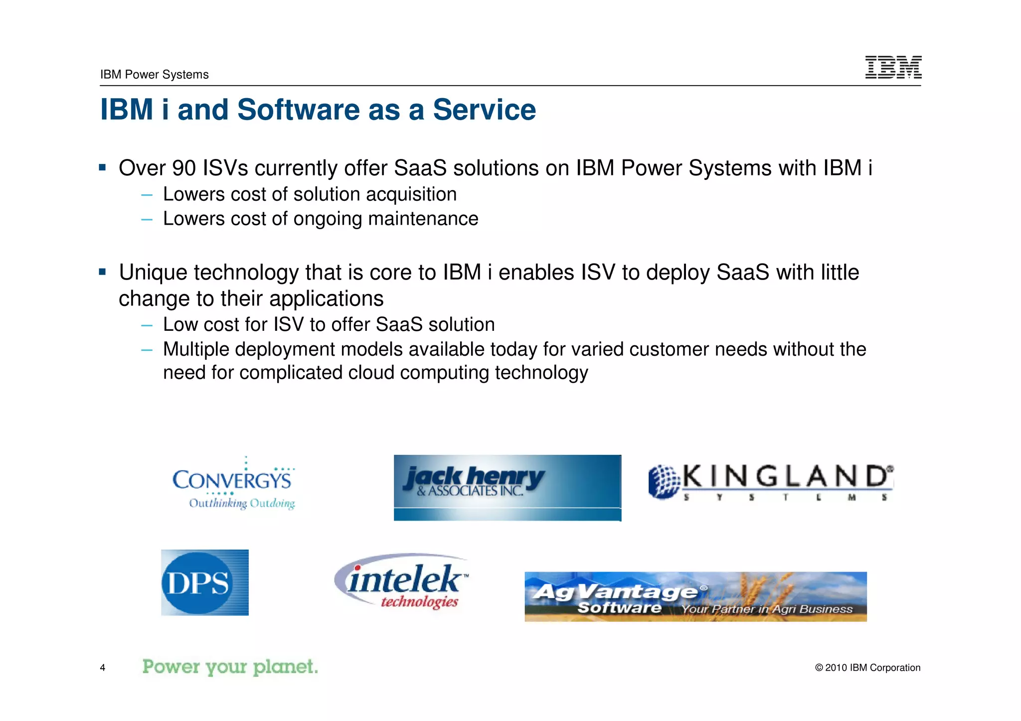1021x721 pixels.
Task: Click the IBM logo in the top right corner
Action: (x=893, y=67)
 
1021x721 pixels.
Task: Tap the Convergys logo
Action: (x=233, y=484)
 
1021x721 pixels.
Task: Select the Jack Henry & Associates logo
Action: (x=507, y=487)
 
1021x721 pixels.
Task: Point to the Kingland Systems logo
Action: (x=771, y=481)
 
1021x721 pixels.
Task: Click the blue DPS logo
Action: (x=204, y=582)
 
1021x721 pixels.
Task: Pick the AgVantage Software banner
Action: (x=695, y=596)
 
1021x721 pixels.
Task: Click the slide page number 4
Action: (x=103, y=668)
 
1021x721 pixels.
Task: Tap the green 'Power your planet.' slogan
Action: (x=230, y=667)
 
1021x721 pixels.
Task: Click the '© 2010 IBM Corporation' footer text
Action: (x=867, y=668)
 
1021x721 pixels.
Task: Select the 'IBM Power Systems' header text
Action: (x=154, y=75)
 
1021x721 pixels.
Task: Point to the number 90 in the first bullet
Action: (x=184, y=168)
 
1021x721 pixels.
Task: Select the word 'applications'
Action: (x=327, y=299)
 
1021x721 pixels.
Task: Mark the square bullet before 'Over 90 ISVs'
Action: (x=102, y=167)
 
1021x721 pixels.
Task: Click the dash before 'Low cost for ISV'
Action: (x=147, y=325)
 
